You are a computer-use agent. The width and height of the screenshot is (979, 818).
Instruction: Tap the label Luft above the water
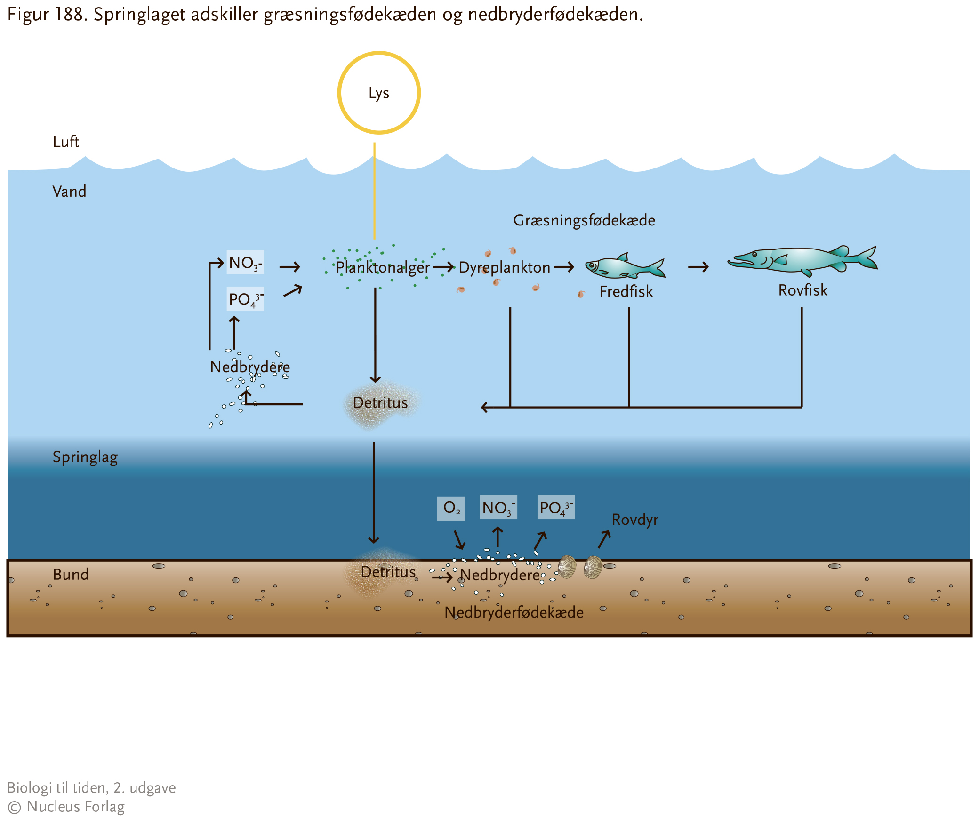pos(66,142)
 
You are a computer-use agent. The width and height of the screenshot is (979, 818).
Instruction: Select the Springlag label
pos(85,457)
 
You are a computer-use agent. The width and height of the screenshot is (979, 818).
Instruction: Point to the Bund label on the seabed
pos(71,574)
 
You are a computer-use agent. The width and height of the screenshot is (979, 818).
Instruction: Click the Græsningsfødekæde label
pos(584,221)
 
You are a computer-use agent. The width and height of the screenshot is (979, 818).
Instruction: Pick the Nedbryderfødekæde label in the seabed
pos(514,612)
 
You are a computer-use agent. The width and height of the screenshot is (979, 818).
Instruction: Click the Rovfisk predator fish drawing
pos(802,260)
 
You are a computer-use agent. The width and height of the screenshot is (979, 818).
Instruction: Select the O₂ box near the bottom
pos(451,508)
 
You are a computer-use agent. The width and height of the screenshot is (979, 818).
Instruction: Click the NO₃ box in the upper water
pos(245,263)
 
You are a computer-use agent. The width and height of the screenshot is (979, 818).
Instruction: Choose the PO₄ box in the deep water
pos(556,507)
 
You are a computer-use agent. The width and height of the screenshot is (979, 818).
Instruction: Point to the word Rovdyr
pos(635,520)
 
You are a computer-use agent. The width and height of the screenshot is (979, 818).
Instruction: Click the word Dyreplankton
pos(505,268)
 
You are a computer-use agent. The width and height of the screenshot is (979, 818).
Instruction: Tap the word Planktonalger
pos(383,268)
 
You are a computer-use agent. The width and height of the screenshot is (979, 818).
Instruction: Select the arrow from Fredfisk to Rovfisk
pos(698,267)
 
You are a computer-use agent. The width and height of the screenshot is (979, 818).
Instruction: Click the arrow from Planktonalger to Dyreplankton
pos(444,267)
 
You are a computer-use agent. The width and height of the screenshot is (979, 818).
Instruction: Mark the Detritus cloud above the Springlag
pos(380,404)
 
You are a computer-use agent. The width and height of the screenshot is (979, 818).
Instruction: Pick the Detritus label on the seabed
pos(388,572)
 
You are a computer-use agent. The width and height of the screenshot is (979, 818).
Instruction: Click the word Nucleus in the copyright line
pos(54,807)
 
